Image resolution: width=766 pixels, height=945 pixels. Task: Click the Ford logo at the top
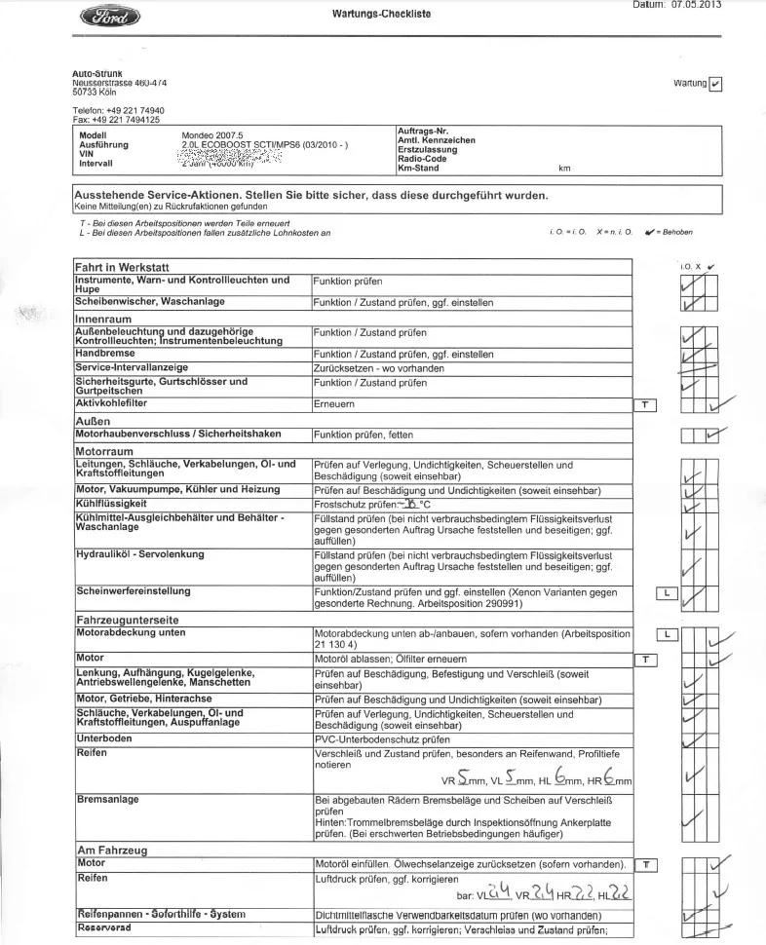click(112, 17)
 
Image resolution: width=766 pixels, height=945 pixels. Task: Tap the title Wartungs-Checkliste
click(381, 14)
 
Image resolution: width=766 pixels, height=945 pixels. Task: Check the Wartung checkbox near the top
click(716, 84)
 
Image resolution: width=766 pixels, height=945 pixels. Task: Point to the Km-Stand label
click(418, 169)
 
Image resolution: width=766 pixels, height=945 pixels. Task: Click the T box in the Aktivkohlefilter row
click(645, 404)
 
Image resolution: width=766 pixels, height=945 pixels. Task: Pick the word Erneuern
click(334, 403)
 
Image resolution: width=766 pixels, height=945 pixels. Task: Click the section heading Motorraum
click(103, 452)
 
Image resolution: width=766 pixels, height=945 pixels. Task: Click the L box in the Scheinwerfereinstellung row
click(668, 592)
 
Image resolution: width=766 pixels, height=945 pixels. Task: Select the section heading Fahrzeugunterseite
click(127, 620)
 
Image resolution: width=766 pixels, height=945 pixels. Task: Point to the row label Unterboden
click(102, 739)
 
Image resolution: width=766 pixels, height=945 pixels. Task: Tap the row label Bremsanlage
click(107, 800)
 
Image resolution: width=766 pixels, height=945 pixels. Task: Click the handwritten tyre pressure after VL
click(500, 892)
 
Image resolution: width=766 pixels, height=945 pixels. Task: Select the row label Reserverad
click(103, 929)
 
